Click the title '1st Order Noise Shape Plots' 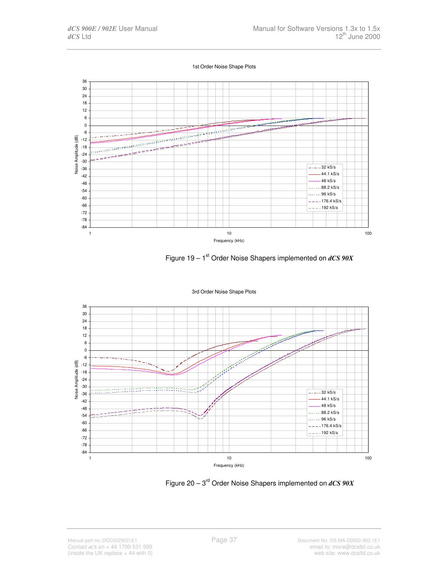click(x=224, y=66)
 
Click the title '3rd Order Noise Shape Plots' click(x=224, y=292)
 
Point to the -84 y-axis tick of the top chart click(x=84, y=227)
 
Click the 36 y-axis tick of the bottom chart click(x=85, y=306)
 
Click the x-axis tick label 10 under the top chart click(x=229, y=233)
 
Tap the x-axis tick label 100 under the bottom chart click(x=368, y=458)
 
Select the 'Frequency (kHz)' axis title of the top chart click(x=229, y=241)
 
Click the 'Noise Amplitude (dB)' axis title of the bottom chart click(x=76, y=379)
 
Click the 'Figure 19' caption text click(x=259, y=258)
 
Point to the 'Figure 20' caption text click(x=259, y=483)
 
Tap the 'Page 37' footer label click(x=224, y=539)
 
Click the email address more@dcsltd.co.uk click(x=356, y=547)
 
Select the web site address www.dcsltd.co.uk click(x=359, y=553)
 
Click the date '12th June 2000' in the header click(x=357, y=36)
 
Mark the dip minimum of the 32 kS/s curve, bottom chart click(x=169, y=371)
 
